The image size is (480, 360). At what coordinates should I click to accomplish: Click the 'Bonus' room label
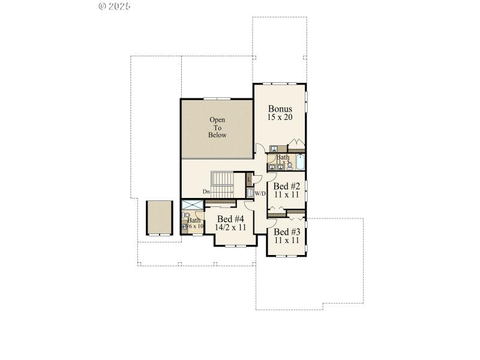(x=280, y=109)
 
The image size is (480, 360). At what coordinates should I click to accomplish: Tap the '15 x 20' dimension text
(x=280, y=118)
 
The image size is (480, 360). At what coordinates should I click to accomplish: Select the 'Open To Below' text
(x=217, y=127)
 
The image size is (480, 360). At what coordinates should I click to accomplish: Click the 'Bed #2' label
(x=287, y=186)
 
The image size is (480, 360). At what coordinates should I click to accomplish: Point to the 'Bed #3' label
(x=286, y=232)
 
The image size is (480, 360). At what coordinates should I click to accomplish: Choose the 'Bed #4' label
(x=231, y=219)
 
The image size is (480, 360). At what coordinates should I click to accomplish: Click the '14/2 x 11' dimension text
(x=231, y=227)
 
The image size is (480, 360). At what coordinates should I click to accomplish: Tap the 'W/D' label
(x=260, y=194)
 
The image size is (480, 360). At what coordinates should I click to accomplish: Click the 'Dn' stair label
(x=206, y=191)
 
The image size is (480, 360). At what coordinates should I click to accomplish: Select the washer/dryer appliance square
(x=250, y=193)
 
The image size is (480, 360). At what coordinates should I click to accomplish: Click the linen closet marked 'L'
(x=250, y=179)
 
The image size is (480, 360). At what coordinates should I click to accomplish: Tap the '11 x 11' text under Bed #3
(x=286, y=240)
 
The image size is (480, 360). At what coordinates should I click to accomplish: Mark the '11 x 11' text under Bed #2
(x=287, y=194)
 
